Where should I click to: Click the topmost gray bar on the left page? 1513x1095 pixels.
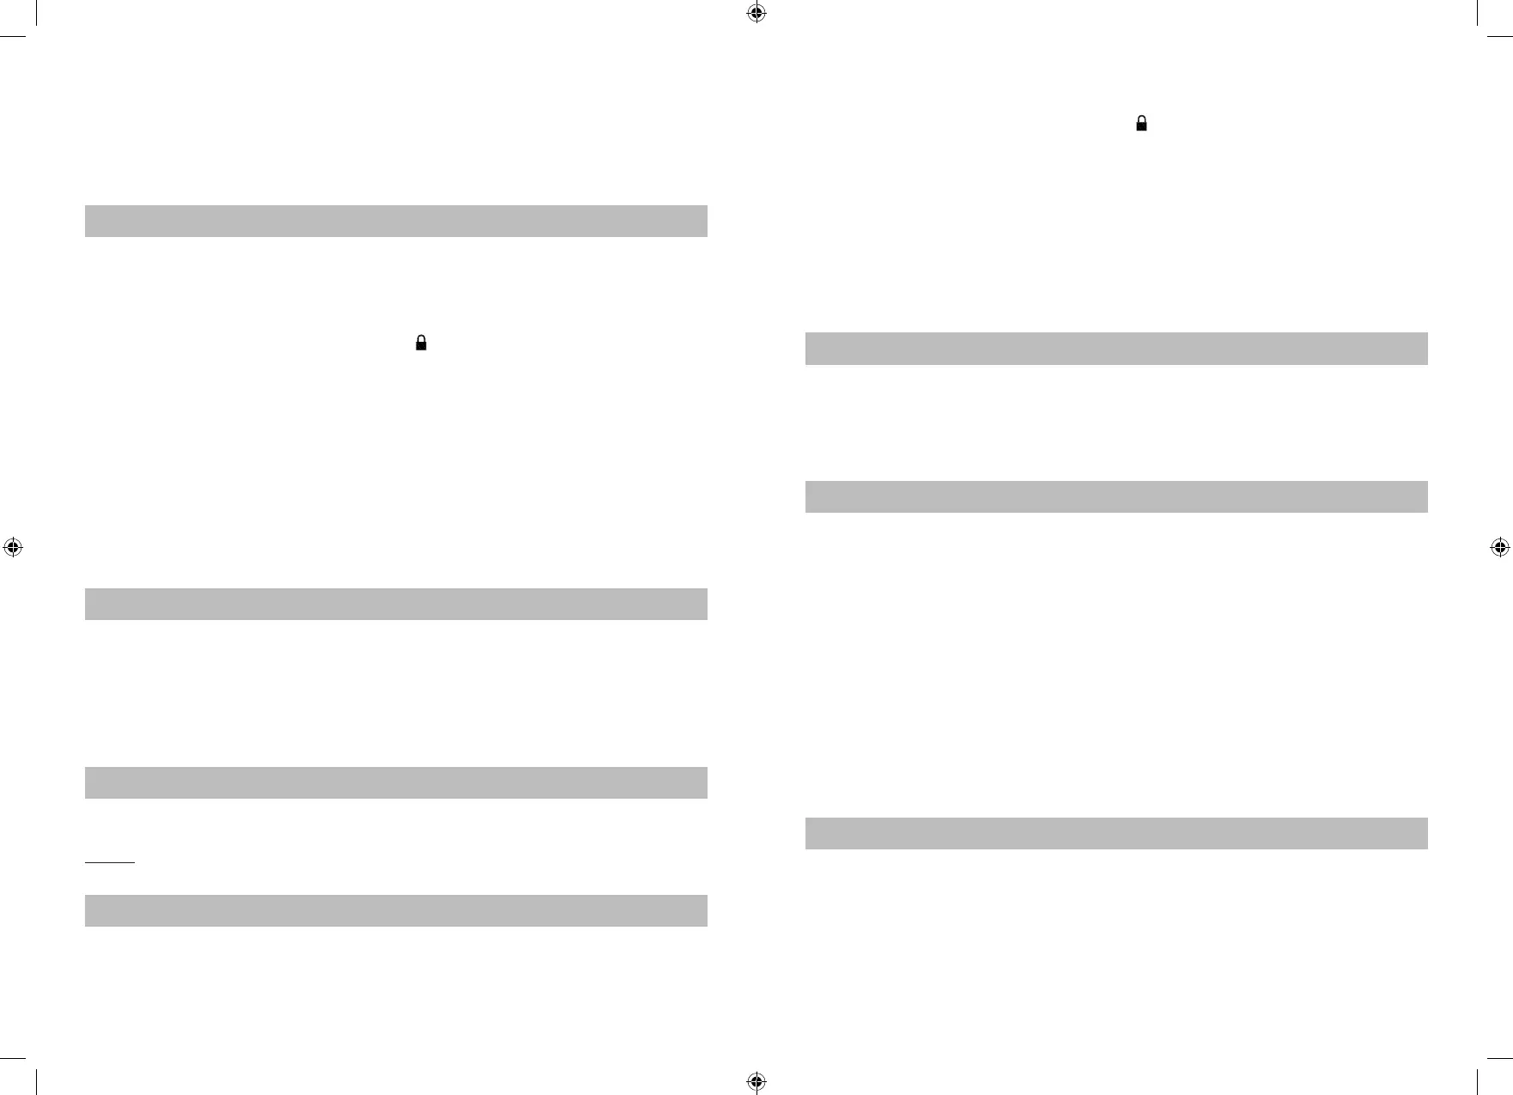click(x=396, y=221)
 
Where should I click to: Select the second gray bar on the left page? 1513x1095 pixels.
click(x=396, y=604)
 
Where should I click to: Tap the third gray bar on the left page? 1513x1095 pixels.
click(x=396, y=782)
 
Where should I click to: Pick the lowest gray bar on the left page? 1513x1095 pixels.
click(x=396, y=910)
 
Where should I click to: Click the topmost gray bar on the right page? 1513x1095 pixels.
click(x=1116, y=349)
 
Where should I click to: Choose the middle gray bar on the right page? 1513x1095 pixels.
click(x=1116, y=496)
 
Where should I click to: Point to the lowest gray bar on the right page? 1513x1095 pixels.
click(x=1116, y=833)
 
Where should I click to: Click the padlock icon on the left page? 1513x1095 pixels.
click(x=421, y=343)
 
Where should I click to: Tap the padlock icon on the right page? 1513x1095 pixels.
click(x=1141, y=124)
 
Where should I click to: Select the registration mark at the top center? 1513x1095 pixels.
click(x=756, y=13)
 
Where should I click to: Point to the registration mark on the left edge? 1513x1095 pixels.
click(x=13, y=547)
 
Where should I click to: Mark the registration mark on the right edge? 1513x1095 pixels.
click(x=1499, y=547)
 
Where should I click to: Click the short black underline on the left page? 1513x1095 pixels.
click(x=110, y=861)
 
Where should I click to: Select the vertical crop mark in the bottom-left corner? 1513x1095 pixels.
click(x=37, y=1080)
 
